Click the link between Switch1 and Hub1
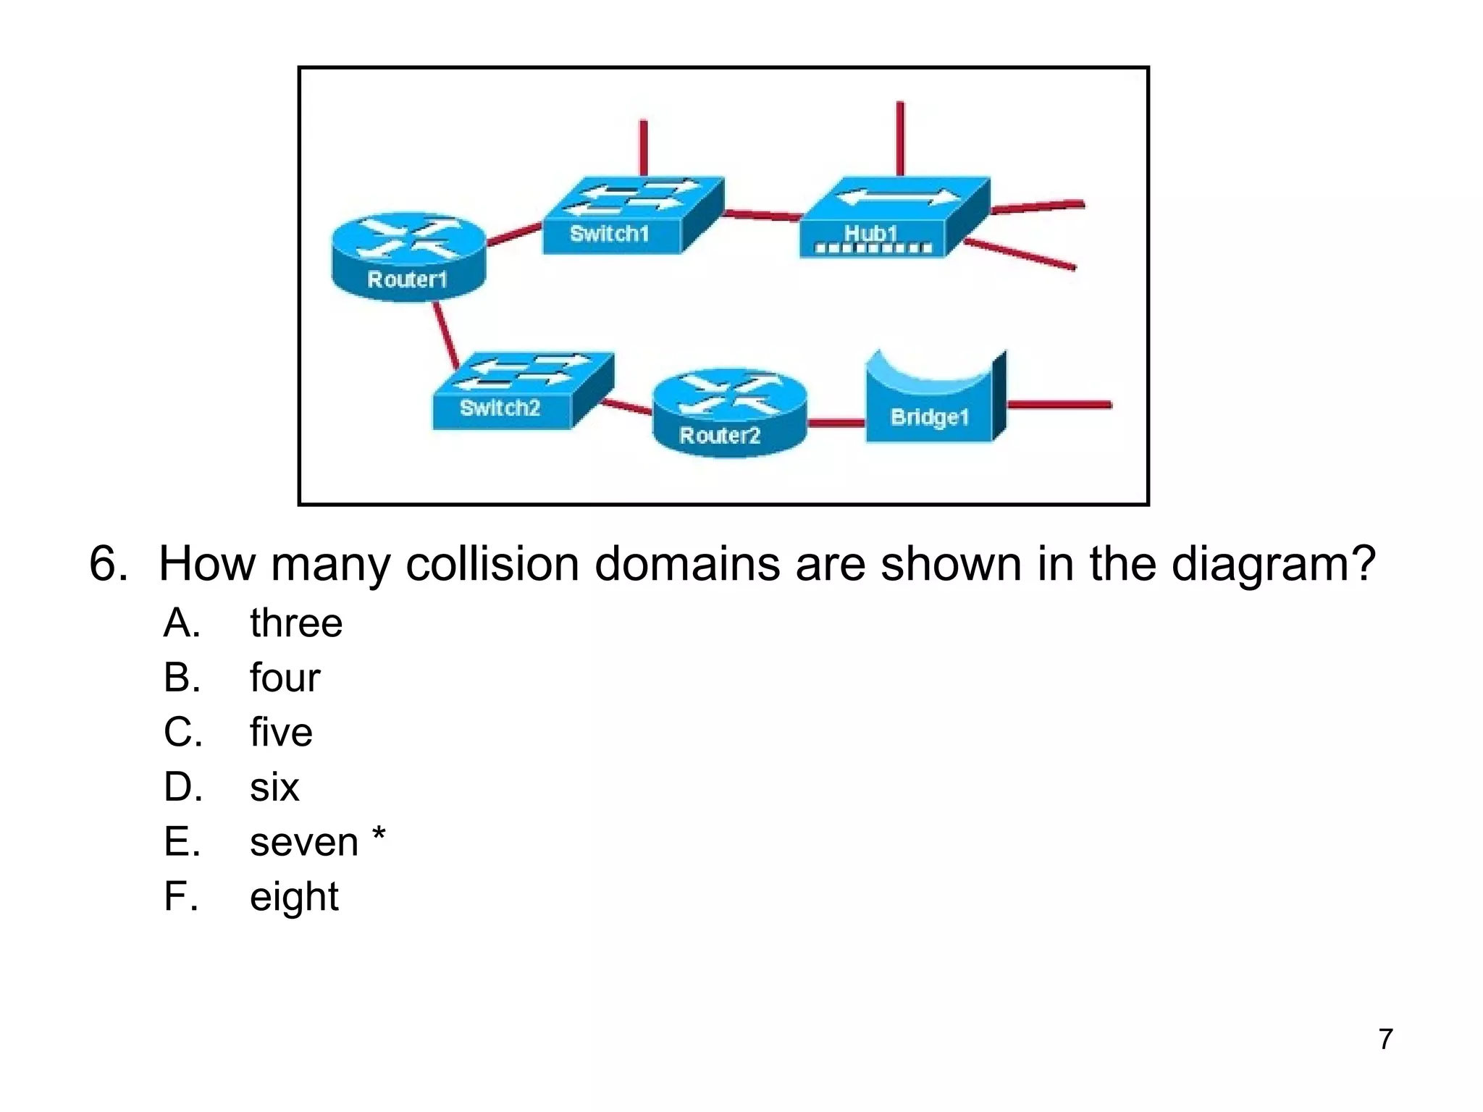point(762,215)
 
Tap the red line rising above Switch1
point(643,148)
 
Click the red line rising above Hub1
point(900,138)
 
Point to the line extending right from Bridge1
point(1059,405)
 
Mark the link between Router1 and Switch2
point(445,334)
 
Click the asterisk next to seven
point(379,835)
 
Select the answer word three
point(296,623)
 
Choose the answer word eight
point(294,897)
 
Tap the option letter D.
point(182,787)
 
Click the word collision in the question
point(492,564)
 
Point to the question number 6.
point(107,564)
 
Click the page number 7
point(1385,1039)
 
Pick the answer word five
point(281,732)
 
